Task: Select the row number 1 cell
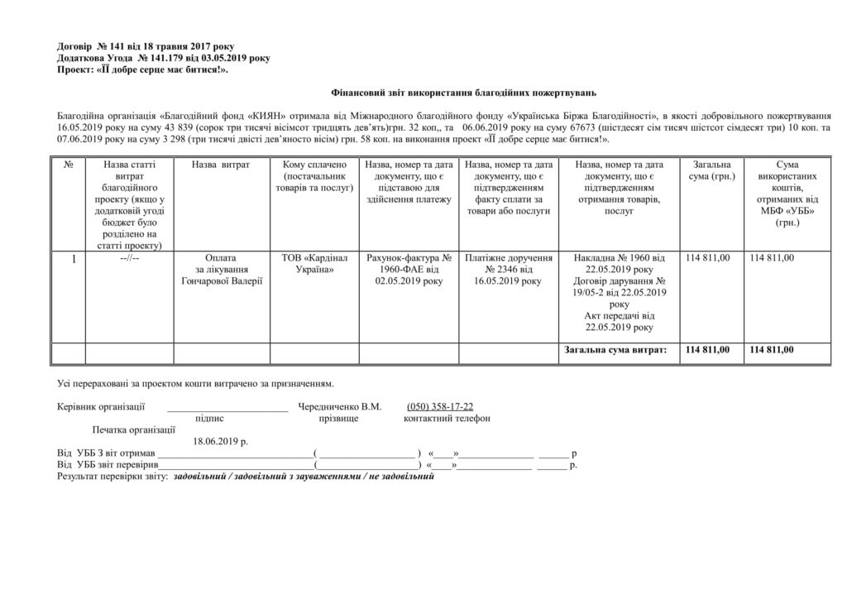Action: (x=73, y=259)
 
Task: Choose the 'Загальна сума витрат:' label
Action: (x=615, y=351)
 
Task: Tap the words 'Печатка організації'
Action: (x=134, y=429)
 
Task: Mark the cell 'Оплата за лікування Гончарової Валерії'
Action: (x=221, y=270)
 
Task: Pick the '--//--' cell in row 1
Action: (x=128, y=259)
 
